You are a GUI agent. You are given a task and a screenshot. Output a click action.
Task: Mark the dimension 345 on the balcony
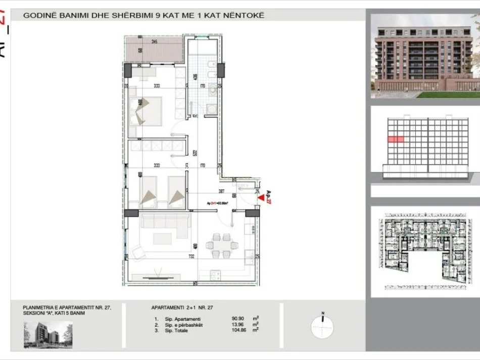click(154, 42)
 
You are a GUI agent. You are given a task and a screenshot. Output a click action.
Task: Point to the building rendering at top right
click(425, 56)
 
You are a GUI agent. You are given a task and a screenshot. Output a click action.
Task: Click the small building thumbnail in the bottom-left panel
click(47, 335)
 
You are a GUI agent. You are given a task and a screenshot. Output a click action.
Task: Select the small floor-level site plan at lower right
click(425, 251)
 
